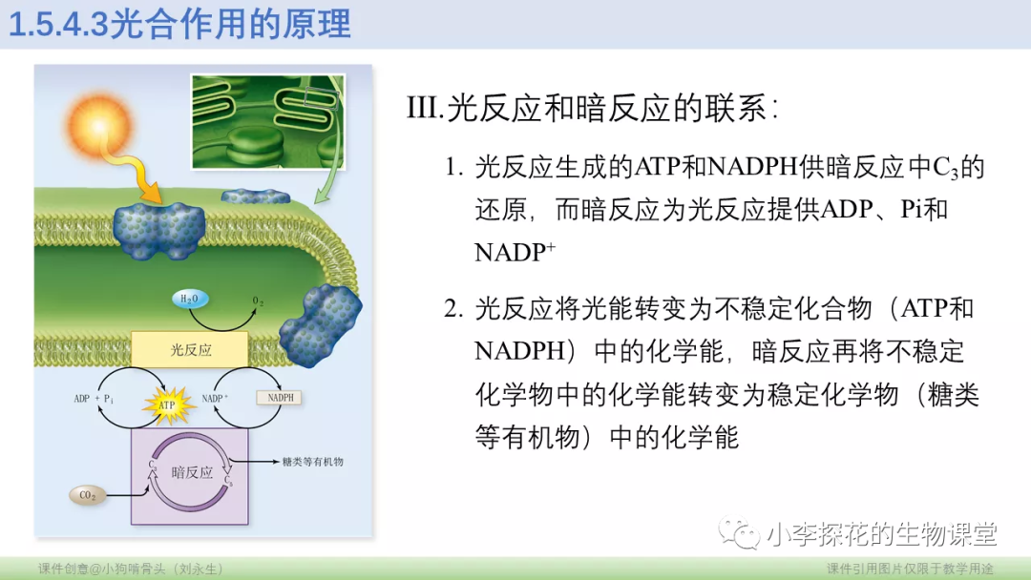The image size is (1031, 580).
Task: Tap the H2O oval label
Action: click(x=189, y=300)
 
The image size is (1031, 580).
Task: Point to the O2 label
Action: click(x=258, y=300)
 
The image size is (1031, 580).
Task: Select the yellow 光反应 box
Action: click(x=189, y=350)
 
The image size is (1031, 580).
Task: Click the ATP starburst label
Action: click(x=168, y=404)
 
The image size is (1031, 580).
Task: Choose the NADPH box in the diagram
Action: click(x=279, y=398)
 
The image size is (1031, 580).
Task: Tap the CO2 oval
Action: click(x=89, y=495)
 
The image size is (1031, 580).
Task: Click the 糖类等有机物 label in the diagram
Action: click(x=312, y=462)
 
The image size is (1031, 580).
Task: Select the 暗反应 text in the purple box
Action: click(x=192, y=472)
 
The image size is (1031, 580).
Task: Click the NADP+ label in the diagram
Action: click(x=216, y=398)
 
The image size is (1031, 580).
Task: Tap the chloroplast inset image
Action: click(x=266, y=118)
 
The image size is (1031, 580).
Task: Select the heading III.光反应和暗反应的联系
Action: click(x=592, y=108)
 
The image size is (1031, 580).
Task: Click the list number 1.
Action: click(x=453, y=169)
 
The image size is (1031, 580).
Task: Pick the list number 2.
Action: click(x=453, y=309)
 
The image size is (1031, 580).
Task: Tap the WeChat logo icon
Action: click(x=741, y=532)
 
